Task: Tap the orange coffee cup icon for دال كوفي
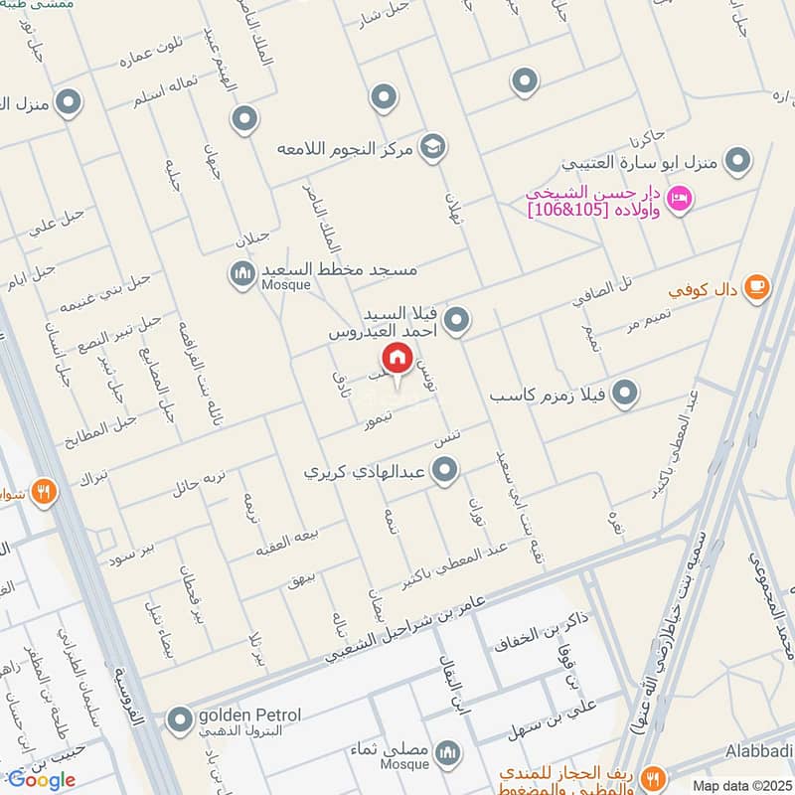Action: coord(756,285)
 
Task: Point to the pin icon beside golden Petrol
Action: coord(180,718)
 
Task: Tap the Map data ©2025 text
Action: coord(740,785)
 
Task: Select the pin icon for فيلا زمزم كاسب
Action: coord(624,395)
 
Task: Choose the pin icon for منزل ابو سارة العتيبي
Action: coord(737,159)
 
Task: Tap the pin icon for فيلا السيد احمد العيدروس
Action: coord(456,320)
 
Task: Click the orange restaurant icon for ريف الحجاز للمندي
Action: coord(653,776)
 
